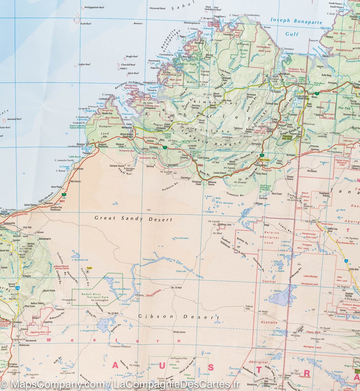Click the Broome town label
pyautogui.click(x=81, y=144)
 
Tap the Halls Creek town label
pyautogui.click(x=264, y=160)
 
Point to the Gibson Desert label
pyautogui.click(x=179, y=317)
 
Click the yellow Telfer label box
pyautogui.click(x=90, y=268)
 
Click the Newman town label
pyautogui.click(x=18, y=322)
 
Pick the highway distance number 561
pyautogui.click(x=62, y=201)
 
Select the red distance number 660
pyautogui.click(x=200, y=165)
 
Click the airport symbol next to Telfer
pyautogui.click(x=87, y=272)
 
